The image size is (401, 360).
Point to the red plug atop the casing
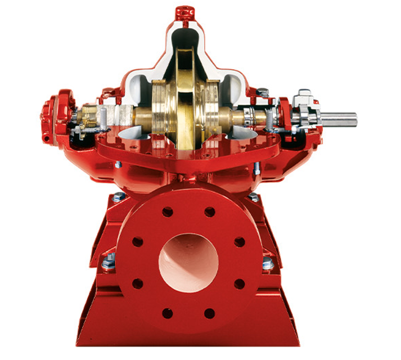[x=183, y=12]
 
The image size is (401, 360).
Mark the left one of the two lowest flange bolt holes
[x=167, y=313]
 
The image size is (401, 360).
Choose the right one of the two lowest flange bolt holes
[x=209, y=313]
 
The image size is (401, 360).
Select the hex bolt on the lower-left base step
[x=109, y=260]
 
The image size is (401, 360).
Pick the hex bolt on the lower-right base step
[x=268, y=263]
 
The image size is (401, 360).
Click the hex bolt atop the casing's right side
[x=262, y=91]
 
